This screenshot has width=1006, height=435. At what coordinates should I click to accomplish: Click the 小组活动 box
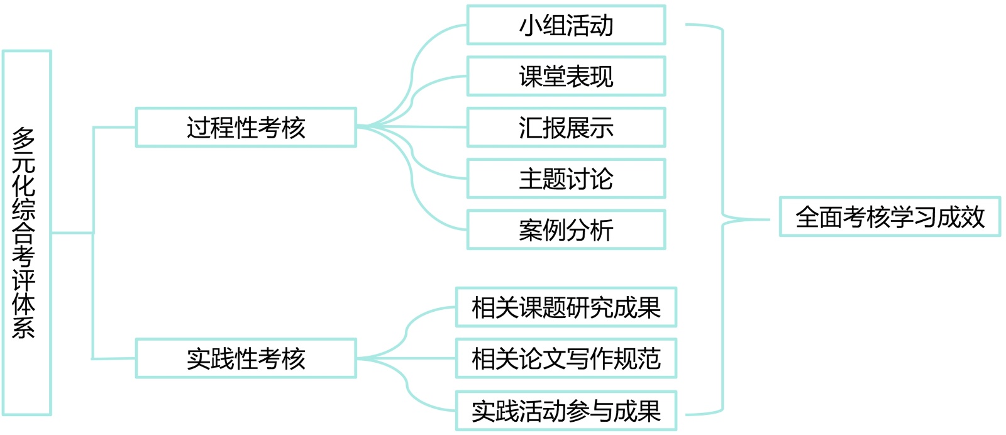pos(566,25)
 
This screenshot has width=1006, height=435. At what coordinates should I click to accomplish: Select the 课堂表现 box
pos(566,76)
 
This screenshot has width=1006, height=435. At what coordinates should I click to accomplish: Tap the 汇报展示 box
pos(566,128)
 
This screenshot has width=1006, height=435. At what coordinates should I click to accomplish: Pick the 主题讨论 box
pos(566,179)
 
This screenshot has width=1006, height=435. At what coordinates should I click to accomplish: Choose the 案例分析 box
pos(566,230)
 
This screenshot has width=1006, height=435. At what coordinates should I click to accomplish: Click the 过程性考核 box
pos(246,128)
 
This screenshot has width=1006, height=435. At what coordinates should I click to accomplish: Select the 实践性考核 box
pos(246,358)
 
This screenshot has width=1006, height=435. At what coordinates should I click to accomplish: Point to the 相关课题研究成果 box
pos(566,307)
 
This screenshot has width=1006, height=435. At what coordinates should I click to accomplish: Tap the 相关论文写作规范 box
pos(566,358)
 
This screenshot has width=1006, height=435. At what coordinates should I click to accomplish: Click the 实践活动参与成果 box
pos(566,411)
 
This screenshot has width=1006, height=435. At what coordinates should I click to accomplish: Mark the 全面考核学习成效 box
pos(890,217)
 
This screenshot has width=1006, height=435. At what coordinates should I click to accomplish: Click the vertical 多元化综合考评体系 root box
pos(26,233)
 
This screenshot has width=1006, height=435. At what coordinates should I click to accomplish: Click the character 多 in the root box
pos(24,139)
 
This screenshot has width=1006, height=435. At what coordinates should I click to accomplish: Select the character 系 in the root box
pos(24,327)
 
